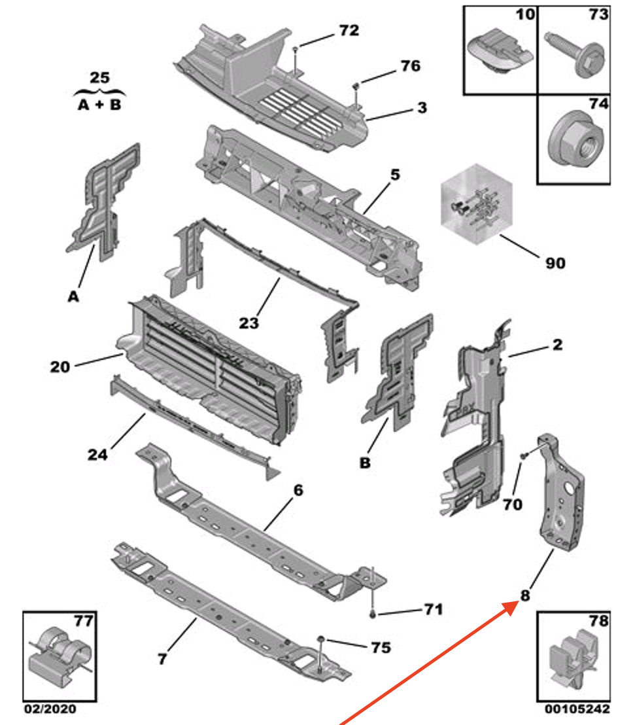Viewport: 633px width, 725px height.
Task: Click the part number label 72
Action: coord(349,31)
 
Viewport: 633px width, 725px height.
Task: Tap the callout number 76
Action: coord(410,66)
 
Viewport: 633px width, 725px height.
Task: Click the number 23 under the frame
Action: coord(248,323)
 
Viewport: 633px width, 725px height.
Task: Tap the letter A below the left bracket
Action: coord(73,297)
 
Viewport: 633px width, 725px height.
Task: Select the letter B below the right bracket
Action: coord(365,463)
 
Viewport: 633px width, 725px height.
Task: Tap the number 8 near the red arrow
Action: coord(524,595)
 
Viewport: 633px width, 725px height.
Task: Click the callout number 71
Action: coord(432,610)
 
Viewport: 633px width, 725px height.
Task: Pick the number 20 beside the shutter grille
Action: coord(60,367)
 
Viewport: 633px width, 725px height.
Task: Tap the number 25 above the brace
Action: coord(99,78)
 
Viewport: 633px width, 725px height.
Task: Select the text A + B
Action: coord(99,105)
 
